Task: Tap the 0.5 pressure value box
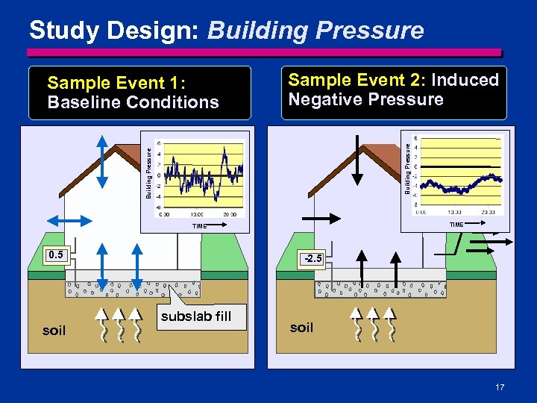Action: (56, 255)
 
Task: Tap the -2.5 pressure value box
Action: (312, 258)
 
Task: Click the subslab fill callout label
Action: (196, 316)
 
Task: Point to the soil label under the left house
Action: (54, 331)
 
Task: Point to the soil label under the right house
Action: (301, 327)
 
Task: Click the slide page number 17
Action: (499, 387)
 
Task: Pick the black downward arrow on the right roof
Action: (358, 160)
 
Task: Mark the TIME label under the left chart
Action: (199, 225)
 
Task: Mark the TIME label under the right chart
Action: (456, 224)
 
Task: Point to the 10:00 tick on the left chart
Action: (198, 214)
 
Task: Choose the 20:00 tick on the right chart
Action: (489, 211)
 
